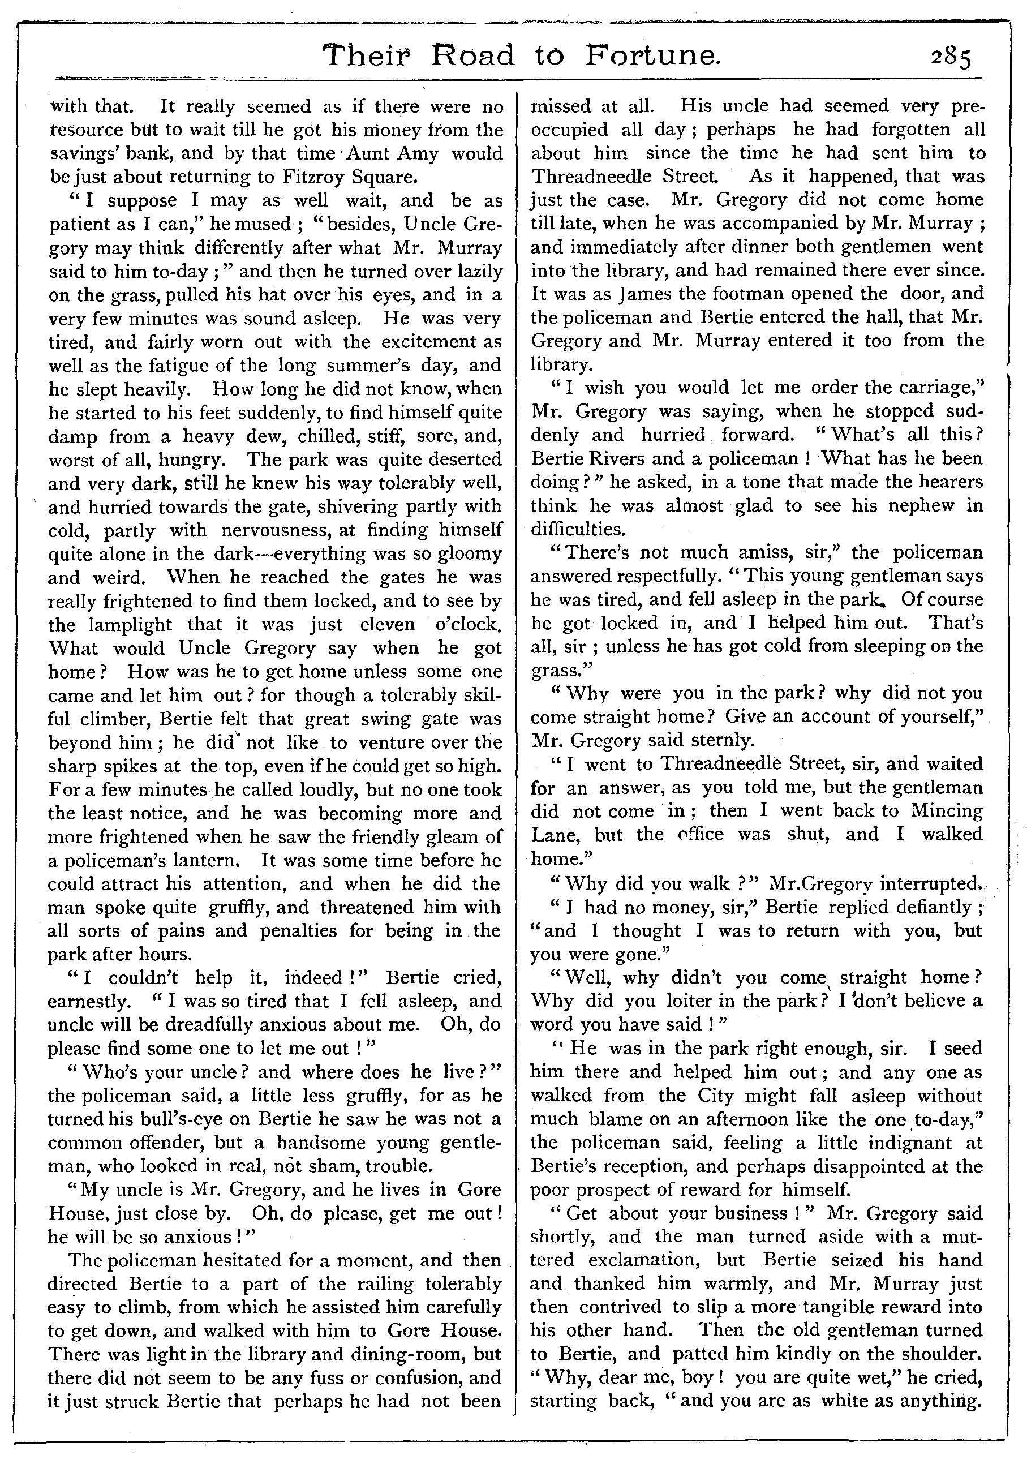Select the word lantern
tap(200, 860)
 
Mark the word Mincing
tap(947, 810)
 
